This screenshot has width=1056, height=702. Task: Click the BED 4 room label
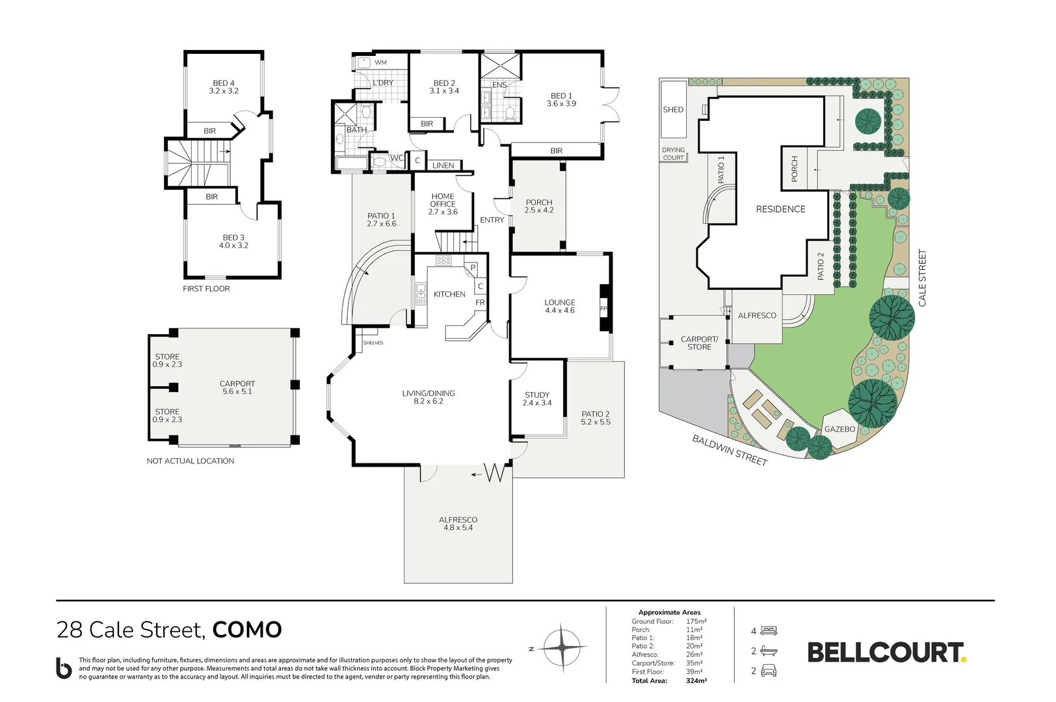(x=224, y=83)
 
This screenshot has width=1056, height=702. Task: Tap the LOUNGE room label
(x=560, y=302)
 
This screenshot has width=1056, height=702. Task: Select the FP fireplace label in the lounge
(x=603, y=309)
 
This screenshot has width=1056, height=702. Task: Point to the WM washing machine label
(x=380, y=62)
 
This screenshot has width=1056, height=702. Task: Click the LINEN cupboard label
(x=443, y=165)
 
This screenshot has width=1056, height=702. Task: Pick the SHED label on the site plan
(x=673, y=110)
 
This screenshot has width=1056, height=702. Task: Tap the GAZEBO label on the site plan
(x=839, y=429)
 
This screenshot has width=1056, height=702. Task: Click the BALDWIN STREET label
(x=730, y=450)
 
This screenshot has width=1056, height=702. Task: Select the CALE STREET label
(x=923, y=278)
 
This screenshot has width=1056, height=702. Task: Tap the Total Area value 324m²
(x=696, y=681)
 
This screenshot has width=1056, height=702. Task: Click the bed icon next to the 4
(x=769, y=630)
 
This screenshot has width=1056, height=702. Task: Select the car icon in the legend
(x=769, y=670)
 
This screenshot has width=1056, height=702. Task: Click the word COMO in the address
(x=247, y=630)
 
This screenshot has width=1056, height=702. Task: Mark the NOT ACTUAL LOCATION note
(x=191, y=461)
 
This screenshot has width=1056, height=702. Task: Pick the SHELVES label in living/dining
(x=373, y=343)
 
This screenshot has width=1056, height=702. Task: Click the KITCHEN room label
(x=449, y=294)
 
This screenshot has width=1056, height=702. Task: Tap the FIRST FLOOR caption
(x=206, y=289)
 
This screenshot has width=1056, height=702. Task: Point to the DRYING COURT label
(x=673, y=153)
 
